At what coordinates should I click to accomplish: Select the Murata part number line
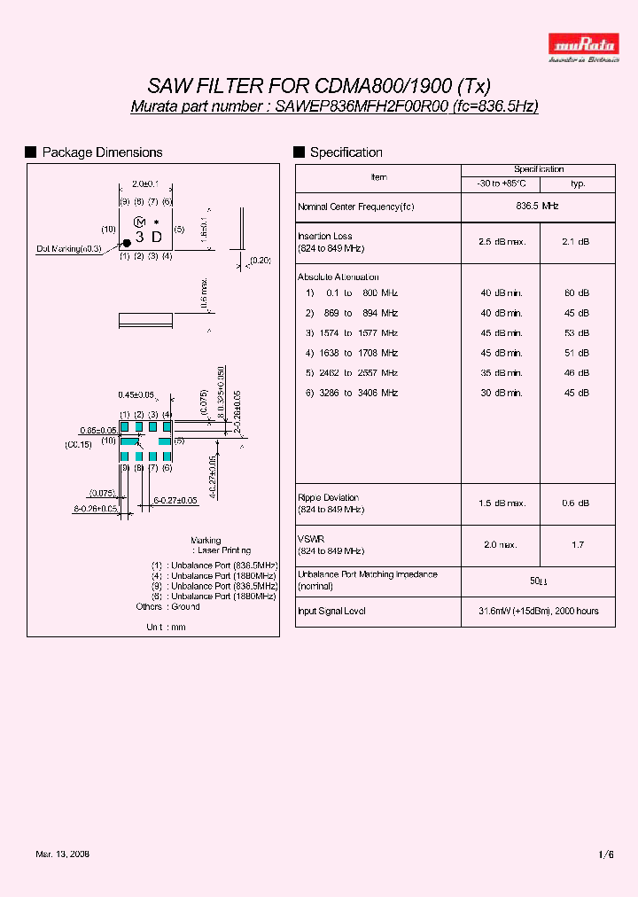335,106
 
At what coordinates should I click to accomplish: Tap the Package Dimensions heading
102,152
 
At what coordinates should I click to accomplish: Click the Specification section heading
346,152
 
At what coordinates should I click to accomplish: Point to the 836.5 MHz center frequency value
537,206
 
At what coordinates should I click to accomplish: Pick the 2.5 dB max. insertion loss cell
501,242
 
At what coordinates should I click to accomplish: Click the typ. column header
577,184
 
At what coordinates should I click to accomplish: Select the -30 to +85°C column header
501,184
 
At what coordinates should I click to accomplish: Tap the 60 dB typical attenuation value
577,293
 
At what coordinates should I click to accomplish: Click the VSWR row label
310,539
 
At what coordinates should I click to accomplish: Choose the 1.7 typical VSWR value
577,545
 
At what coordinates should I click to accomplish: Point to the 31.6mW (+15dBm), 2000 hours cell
537,611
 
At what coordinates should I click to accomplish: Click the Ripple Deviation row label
329,498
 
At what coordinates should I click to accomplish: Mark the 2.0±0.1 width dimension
144,183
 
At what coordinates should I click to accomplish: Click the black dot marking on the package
127,242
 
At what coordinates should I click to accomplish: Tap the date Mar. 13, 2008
62,854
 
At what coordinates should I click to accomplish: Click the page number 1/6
606,854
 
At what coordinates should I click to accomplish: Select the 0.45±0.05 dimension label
136,395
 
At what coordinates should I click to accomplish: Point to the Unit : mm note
166,627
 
